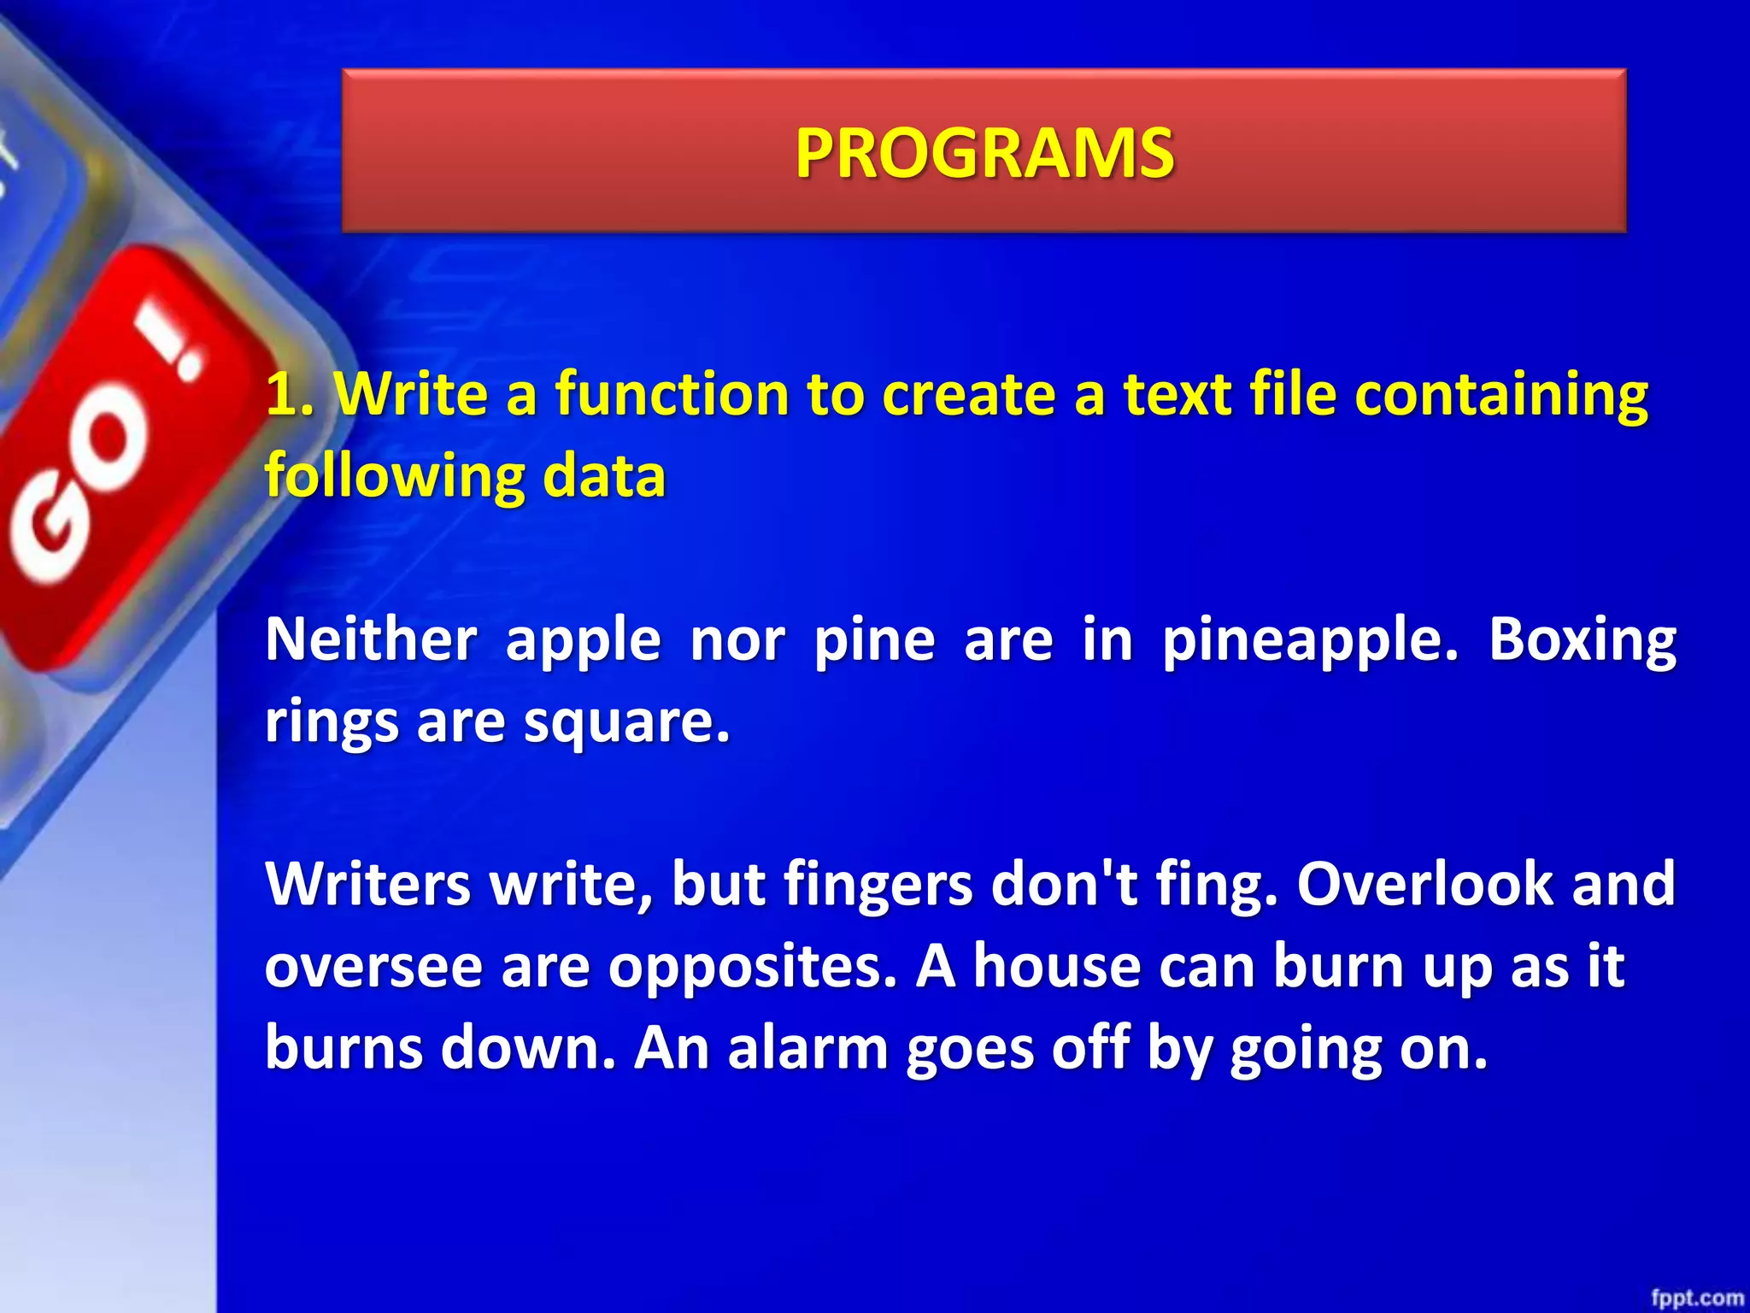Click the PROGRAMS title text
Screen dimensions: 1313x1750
coord(984,153)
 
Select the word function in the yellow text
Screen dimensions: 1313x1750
coord(672,394)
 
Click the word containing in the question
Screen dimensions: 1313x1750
coord(1501,394)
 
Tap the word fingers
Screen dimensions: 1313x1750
coord(878,885)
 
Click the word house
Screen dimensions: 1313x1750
coord(1057,965)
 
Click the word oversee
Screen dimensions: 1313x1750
coord(374,967)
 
